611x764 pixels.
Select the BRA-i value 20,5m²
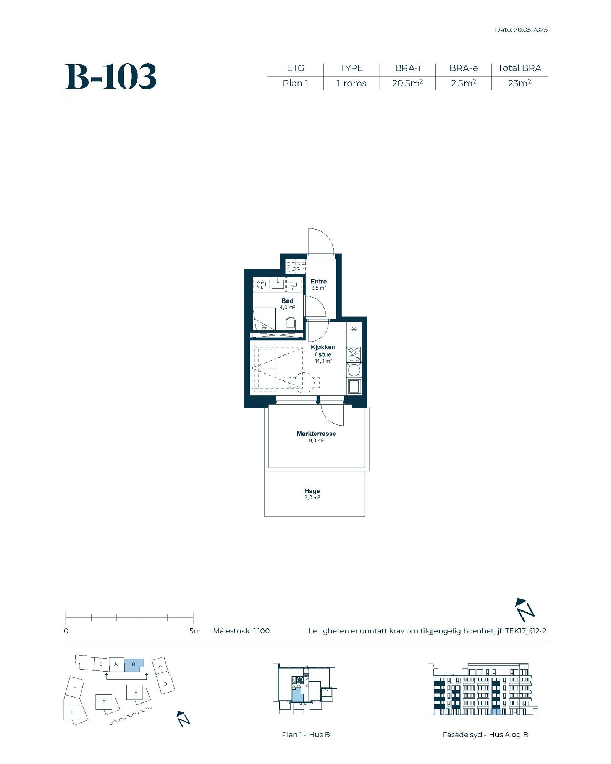tap(407, 83)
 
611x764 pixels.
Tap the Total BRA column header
tap(519, 68)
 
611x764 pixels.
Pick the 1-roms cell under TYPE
tap(351, 83)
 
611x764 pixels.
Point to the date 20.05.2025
tap(530, 30)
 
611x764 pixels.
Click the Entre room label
tap(318, 282)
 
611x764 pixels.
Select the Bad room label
tap(287, 301)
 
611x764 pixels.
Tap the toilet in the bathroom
tap(291, 323)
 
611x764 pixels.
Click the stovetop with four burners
tap(354, 354)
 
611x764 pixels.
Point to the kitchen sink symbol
tap(354, 387)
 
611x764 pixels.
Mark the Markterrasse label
tap(316, 434)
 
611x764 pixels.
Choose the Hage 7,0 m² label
tap(312, 494)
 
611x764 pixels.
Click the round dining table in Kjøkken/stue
tap(304, 382)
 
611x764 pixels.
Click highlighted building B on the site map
tap(134, 665)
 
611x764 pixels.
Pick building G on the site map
tap(73, 712)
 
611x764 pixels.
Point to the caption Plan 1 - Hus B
tap(305, 735)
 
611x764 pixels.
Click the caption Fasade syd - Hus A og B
tap(485, 735)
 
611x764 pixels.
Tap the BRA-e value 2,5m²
tap(463, 83)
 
